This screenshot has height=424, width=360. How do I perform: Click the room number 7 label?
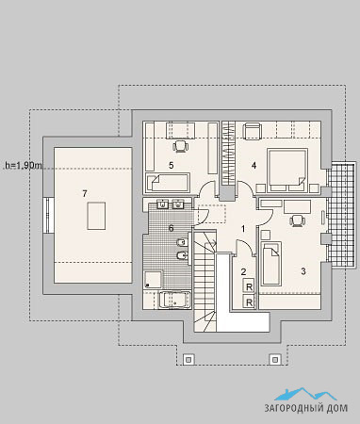[x=84, y=194]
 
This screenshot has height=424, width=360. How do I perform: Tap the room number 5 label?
[x=172, y=165]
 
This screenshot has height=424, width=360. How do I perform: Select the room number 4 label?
[x=254, y=165]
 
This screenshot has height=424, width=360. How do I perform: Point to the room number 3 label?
[x=303, y=271]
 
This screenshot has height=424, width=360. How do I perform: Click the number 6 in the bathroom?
[x=172, y=228]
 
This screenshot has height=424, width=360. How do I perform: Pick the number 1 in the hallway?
[x=243, y=229]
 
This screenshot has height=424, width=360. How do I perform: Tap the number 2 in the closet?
[x=243, y=271]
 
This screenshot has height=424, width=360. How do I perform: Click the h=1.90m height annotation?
[x=23, y=166]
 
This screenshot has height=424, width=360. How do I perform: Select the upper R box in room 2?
[x=249, y=286]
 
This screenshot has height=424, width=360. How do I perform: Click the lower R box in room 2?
[x=249, y=302]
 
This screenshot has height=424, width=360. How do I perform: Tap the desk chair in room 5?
[x=181, y=146]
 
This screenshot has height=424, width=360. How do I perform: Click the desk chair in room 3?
[x=297, y=220]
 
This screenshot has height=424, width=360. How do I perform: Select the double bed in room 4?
[x=286, y=171]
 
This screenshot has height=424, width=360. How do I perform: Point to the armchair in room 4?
[x=253, y=131]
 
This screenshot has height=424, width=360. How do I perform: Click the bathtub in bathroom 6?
[x=174, y=300]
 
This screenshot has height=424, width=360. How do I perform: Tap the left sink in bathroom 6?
[x=163, y=204]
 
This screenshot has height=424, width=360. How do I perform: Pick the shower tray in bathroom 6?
[x=153, y=280]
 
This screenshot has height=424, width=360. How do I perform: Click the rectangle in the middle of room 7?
[x=96, y=216]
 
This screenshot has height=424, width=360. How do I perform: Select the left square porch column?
[x=188, y=359]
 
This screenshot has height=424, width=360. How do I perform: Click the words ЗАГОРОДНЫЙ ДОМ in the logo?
[x=306, y=408]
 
